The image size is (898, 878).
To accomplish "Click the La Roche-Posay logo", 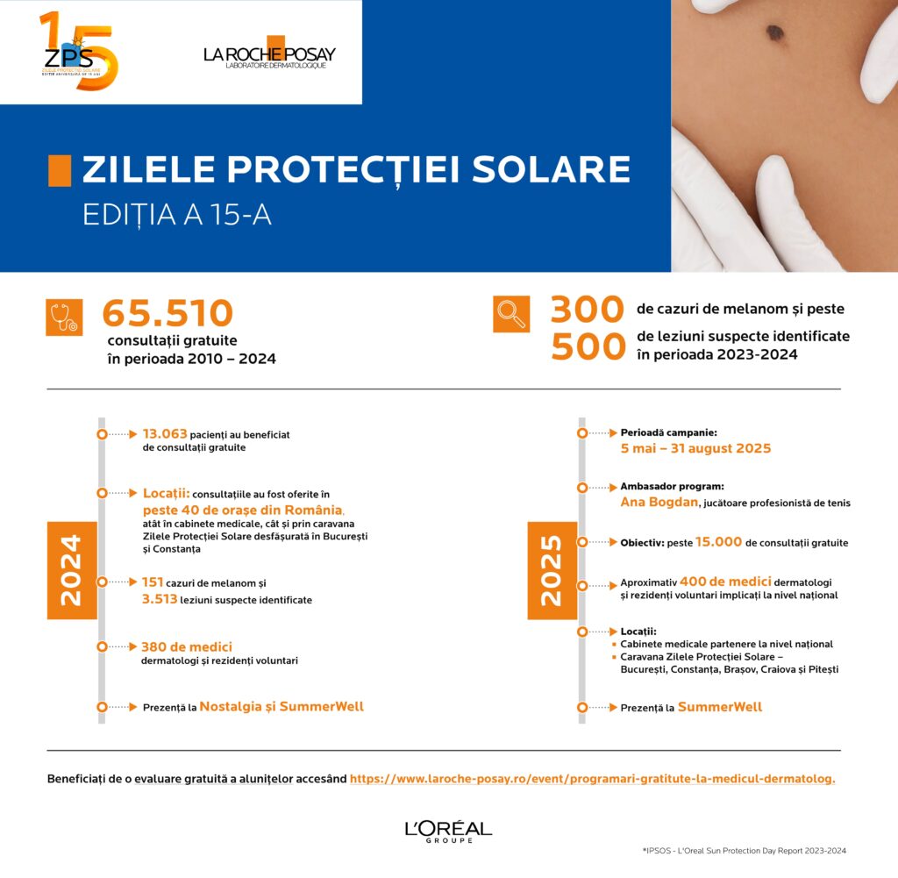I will (x=269, y=54).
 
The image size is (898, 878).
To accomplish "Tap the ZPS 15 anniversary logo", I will (x=78, y=52).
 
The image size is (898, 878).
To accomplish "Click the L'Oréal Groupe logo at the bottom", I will (x=448, y=831).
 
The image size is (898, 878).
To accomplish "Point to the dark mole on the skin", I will (x=774, y=32).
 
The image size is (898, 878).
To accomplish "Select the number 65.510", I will (x=167, y=314).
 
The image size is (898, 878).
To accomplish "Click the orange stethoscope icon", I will (x=64, y=318).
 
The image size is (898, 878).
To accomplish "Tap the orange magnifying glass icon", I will (x=510, y=314).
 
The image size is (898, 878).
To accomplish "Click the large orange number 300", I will (x=587, y=310).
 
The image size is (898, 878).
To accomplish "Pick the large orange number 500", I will (x=587, y=347).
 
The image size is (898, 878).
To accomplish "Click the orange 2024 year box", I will (x=71, y=570).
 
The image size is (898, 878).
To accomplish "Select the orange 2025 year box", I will (x=552, y=570).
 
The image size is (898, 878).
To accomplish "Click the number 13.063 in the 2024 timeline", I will (x=165, y=433).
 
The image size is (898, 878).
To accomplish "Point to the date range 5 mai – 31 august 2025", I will (x=695, y=448).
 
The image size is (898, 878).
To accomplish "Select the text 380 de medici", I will (x=186, y=646).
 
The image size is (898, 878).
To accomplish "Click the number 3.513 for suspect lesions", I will (x=160, y=599).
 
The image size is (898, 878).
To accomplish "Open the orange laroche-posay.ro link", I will (x=592, y=778).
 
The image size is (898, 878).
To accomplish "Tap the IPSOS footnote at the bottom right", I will (x=744, y=850).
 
